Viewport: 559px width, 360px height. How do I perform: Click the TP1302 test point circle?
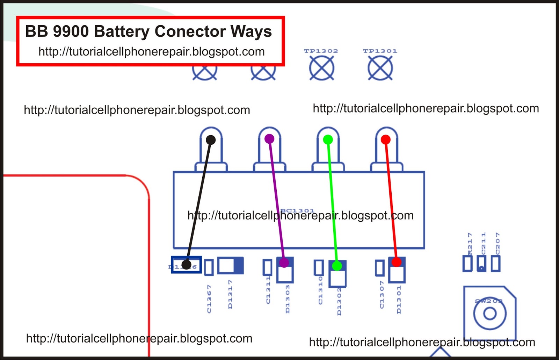coord(321,68)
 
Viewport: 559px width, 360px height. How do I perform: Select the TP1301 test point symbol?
coord(380,68)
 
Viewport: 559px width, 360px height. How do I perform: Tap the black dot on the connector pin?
coord(211,140)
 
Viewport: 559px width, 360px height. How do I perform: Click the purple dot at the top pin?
coord(269,139)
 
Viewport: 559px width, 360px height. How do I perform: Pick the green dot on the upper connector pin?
coord(328,140)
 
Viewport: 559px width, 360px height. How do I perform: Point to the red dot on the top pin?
coord(385,139)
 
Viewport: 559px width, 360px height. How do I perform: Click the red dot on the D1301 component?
coord(396,262)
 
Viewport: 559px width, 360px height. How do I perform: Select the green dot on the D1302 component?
coord(337,266)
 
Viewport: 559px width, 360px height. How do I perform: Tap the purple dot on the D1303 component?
coord(284,262)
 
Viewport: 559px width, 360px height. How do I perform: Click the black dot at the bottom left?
coord(187,265)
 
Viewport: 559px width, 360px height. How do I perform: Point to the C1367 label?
coord(209,299)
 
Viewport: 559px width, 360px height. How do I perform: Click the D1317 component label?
coord(230,294)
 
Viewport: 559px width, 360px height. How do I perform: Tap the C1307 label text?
coord(382,295)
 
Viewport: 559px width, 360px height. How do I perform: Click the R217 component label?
coord(470,244)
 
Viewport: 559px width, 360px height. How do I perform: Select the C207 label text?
coord(498,244)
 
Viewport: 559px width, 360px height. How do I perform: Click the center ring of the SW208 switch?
coord(489,313)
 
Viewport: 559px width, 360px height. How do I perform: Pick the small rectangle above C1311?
coord(267,267)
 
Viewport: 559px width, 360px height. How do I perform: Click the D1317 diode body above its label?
coord(230,266)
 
